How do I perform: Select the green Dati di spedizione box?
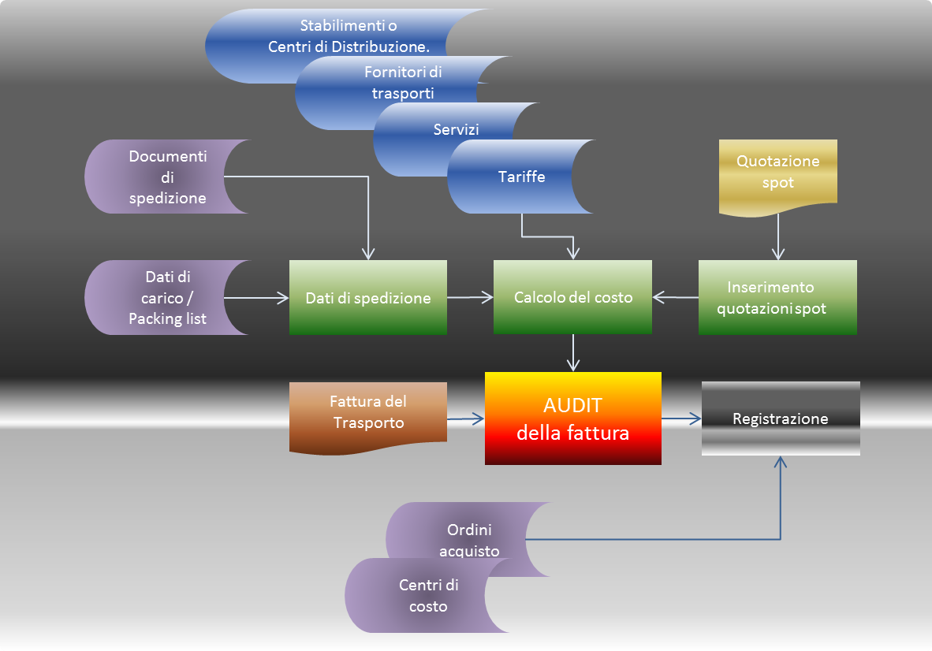tap(367, 298)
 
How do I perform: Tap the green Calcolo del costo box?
tap(572, 298)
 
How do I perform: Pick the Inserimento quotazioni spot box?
tap(777, 298)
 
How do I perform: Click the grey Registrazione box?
tap(781, 418)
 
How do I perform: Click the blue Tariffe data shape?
tap(520, 177)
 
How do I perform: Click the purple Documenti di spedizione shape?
tap(167, 177)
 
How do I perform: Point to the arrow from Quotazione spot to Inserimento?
tap(778, 236)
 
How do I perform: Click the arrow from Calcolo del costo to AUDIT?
tap(573, 352)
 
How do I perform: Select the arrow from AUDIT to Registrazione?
tap(681, 419)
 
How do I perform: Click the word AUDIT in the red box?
tap(572, 406)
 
